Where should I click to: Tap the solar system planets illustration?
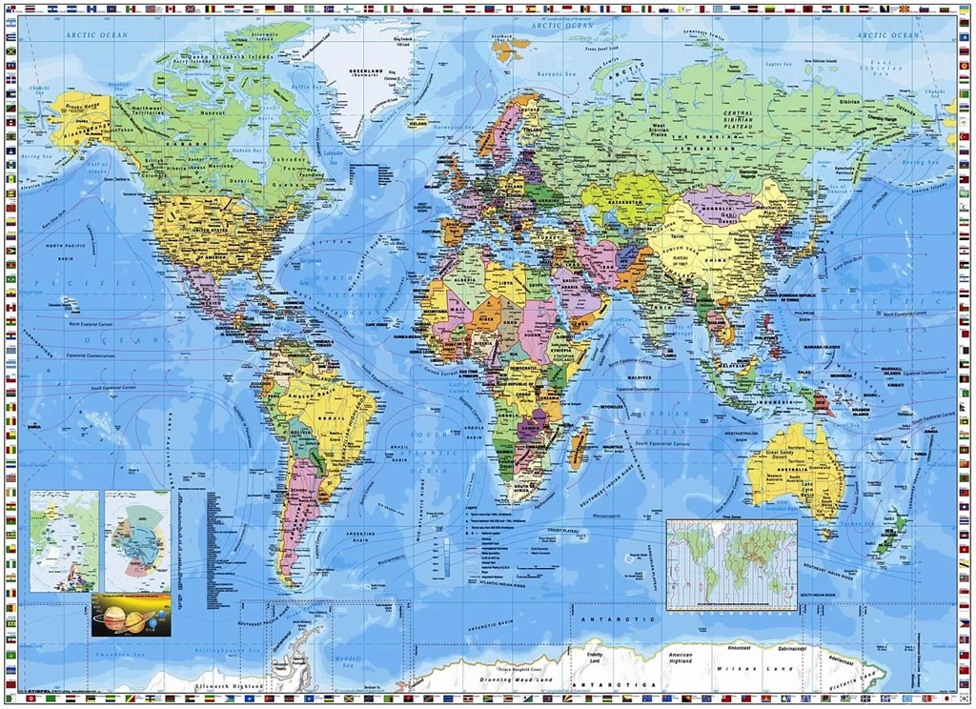click(131, 616)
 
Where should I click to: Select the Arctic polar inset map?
click(64, 540)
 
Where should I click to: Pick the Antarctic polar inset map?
click(137, 540)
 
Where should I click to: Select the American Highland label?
click(680, 659)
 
